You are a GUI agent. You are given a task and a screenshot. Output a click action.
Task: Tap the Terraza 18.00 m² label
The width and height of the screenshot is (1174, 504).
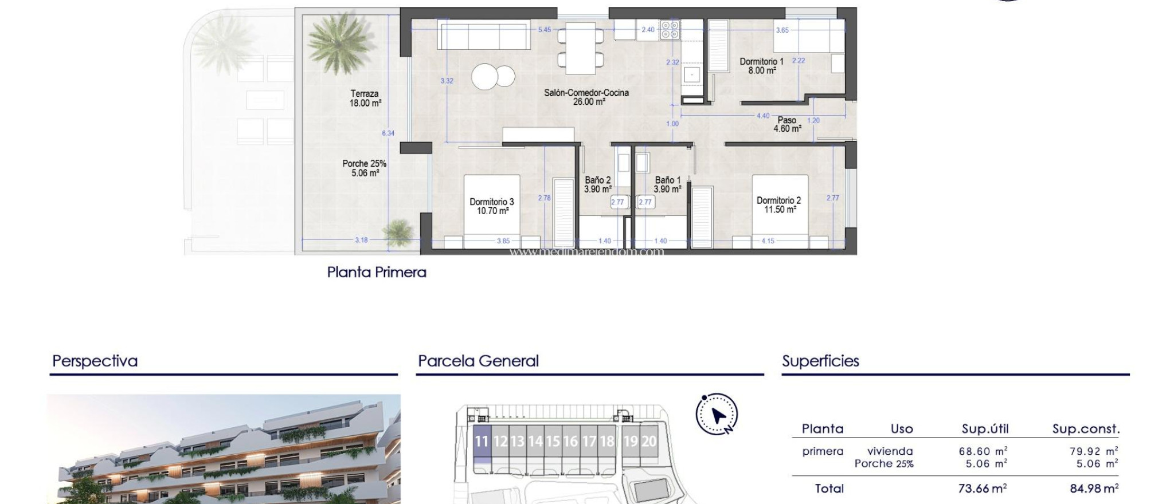365,99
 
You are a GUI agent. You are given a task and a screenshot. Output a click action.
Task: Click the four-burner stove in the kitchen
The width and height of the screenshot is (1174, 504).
670,30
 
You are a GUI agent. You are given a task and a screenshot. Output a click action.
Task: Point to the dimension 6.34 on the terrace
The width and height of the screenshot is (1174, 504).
388,133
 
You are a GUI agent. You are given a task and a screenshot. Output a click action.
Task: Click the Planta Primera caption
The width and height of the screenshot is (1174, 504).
377,272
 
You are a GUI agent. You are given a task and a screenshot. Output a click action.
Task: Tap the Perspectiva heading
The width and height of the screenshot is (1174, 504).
95,361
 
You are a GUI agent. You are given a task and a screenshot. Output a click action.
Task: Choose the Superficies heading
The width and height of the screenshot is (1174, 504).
820,361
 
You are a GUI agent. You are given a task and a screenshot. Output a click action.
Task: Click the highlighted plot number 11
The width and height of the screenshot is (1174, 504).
482,441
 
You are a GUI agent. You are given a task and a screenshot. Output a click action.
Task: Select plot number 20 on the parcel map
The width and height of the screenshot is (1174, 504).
648,441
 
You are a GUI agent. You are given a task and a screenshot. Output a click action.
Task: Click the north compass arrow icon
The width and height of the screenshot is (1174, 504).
717,414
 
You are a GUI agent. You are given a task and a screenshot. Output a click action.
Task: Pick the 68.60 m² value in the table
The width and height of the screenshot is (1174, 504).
983,452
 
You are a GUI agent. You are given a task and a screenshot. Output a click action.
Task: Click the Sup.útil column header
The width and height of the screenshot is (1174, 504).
985,429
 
